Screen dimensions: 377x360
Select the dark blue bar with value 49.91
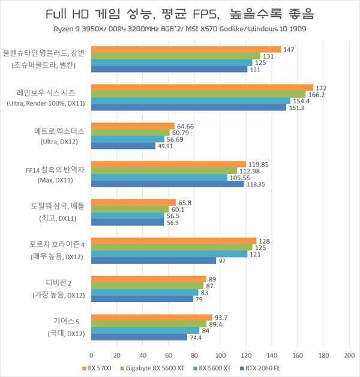[124, 146]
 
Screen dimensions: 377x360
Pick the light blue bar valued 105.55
[160, 178]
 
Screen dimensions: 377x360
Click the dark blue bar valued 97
[154, 261]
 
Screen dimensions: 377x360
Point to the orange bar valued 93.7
[152, 318]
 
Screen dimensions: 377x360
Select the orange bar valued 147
[186, 50]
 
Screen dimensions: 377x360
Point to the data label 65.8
[186, 203]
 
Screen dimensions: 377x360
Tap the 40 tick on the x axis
[143, 355]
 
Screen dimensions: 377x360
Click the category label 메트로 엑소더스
[59, 131]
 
